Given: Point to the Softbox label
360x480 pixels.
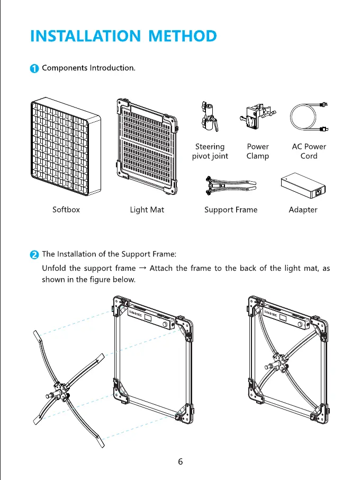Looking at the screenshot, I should click(66, 210).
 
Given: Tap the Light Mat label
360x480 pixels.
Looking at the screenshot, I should click(147, 210).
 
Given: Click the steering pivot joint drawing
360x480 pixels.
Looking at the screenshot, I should click(209, 118).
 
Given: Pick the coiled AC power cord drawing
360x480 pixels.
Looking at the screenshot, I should click(309, 118).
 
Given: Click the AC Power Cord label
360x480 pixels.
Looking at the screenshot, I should click(309, 151).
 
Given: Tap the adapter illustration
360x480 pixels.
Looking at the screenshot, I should click(302, 184).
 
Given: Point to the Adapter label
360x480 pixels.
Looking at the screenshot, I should click(303, 210).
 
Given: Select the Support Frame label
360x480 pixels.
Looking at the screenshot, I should click(231, 210).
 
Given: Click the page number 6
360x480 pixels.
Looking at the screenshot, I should click(181, 461).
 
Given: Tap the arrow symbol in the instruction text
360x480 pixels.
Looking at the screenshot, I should click(142, 268).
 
